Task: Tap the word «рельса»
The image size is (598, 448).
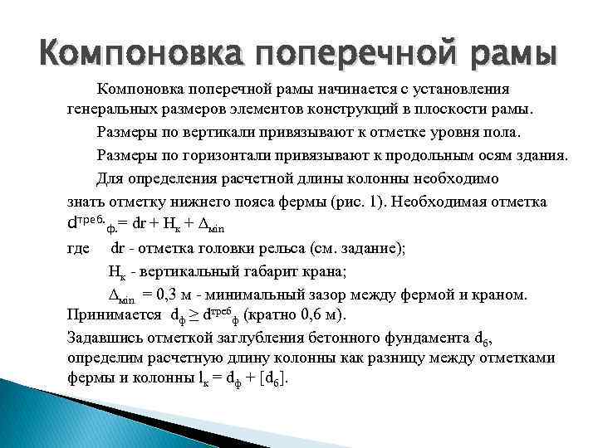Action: coord(328,247)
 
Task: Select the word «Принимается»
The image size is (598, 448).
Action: coord(114,316)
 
